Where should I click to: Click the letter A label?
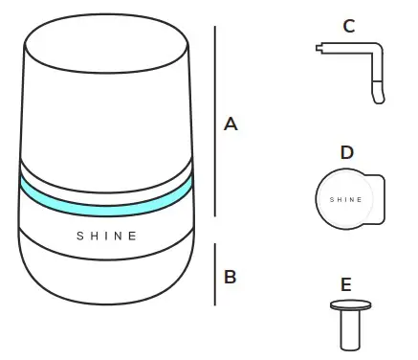point(230,123)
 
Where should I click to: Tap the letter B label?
point(230,277)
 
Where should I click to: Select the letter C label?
point(348,27)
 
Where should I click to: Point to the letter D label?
point(346,152)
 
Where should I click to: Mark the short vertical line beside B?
point(214,274)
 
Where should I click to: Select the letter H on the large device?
point(93,236)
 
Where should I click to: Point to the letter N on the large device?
point(118,236)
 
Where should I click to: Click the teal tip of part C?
point(378,95)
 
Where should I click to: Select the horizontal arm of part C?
point(344,47)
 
